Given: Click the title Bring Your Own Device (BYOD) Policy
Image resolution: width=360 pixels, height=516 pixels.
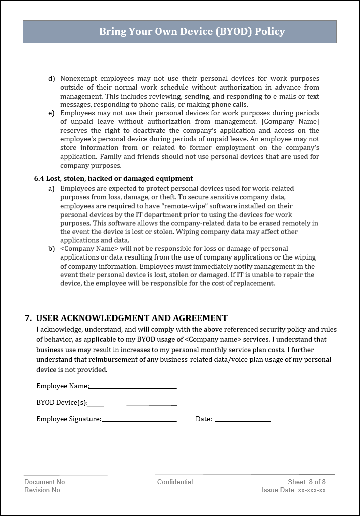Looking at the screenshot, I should point(192,32).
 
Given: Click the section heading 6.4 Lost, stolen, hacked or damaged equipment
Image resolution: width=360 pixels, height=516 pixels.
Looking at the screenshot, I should point(113,178).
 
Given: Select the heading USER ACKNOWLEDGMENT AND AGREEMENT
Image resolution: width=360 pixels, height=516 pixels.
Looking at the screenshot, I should point(132,318).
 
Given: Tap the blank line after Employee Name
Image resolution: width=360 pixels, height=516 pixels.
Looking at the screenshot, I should point(133,387).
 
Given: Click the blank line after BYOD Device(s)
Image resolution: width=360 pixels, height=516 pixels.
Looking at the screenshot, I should point(132,404).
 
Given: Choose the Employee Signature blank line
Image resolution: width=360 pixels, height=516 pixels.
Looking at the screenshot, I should point(139,420).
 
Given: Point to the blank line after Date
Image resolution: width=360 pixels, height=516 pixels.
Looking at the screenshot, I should point(242,420).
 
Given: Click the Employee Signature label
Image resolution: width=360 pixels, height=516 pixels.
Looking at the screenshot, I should point(68,419).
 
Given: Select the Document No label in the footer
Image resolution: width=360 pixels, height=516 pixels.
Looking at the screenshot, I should point(45,482).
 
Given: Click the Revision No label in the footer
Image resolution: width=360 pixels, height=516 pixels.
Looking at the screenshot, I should point(43,490).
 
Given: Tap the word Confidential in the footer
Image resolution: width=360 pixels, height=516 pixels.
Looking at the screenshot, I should point(175,482).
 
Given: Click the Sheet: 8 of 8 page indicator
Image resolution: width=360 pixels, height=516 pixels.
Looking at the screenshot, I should point(307,482).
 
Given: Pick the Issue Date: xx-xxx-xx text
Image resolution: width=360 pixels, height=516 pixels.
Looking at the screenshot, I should point(294,490).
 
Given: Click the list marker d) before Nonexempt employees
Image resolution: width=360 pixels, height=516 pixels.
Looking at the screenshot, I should point(51,79).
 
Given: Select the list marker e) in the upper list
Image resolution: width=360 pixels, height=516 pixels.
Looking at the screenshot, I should point(51,113).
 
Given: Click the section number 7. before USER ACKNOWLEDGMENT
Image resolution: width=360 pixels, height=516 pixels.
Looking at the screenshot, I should point(28,318).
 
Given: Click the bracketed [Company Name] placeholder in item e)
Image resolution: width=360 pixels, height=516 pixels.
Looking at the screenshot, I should point(291,122).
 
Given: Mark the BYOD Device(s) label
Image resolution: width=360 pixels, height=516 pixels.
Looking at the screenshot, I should point(62,403).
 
